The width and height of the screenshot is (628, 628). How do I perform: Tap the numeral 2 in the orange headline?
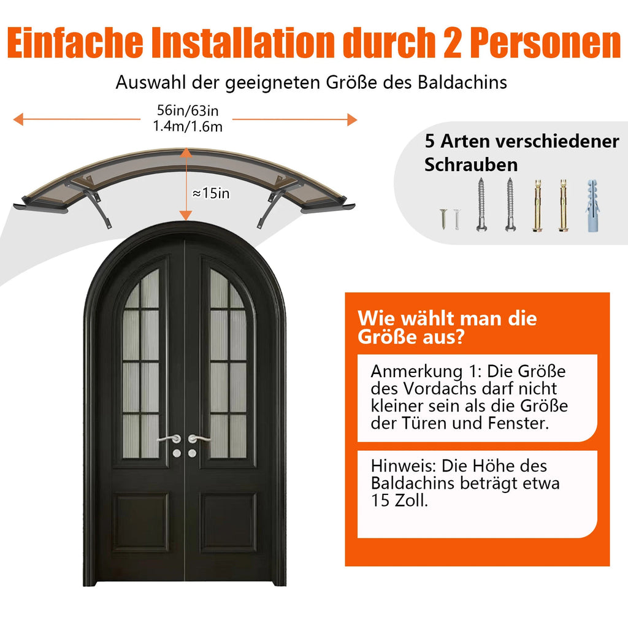452,43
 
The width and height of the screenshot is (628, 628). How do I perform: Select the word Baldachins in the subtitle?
462,83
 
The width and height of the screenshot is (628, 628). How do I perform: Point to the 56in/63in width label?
188,110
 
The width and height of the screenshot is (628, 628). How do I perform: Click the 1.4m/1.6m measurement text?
188,126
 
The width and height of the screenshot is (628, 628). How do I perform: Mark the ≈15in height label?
211,193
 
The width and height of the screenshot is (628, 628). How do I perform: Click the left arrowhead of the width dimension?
18,119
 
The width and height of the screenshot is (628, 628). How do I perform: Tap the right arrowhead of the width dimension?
352,120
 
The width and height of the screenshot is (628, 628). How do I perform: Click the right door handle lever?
199,438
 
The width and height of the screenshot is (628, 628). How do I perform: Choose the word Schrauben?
471,164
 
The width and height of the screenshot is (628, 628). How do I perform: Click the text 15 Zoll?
399,500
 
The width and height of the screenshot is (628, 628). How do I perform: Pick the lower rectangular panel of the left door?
140,522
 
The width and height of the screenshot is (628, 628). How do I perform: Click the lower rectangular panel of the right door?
228,522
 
